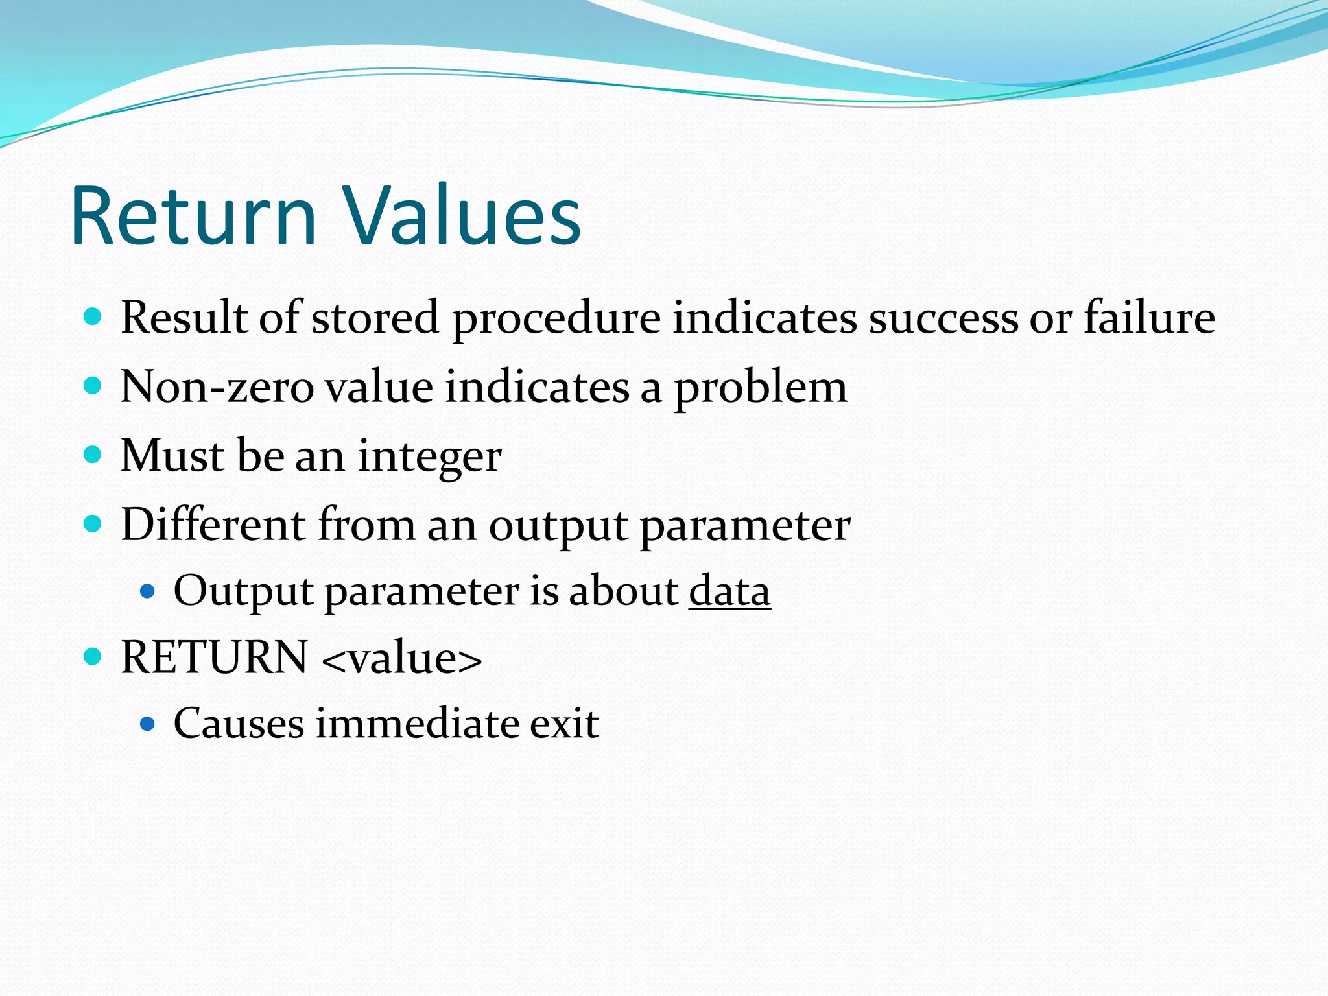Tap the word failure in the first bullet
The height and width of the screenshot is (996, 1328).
pos(1149,318)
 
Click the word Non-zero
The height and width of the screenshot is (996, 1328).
pos(217,388)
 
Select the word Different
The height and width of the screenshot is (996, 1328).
pos(213,525)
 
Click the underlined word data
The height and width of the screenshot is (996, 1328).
pos(729,591)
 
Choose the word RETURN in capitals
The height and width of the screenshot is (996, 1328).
pos(214,658)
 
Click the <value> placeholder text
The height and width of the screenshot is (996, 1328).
pos(401,659)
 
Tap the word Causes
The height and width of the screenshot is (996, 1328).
pos(239,724)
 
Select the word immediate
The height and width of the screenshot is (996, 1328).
pos(416,724)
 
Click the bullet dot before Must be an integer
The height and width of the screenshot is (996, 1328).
pos(93,455)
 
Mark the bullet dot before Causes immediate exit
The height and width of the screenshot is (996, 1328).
pos(148,724)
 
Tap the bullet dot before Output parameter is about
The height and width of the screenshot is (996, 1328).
pos(148,591)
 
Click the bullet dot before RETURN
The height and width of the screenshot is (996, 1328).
pos(93,657)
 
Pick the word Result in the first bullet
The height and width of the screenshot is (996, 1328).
pos(184,318)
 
